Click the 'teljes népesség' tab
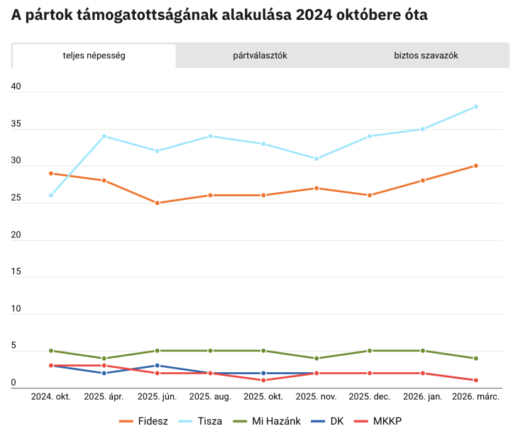click(x=94, y=55)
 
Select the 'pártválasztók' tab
click(x=260, y=55)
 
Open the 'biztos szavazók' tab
click(x=426, y=55)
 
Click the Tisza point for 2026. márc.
click(x=475, y=106)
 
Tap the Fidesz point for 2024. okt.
click(x=51, y=173)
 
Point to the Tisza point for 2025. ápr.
click(x=104, y=136)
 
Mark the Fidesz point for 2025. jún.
click(x=158, y=203)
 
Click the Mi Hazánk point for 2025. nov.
click(x=316, y=358)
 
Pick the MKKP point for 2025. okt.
click(x=263, y=380)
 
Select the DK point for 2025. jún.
click(x=158, y=366)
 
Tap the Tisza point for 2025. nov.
click(x=316, y=158)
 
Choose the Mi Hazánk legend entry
click(x=268, y=421)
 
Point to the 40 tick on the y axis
click(x=16, y=87)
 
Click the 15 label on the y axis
click(x=16, y=272)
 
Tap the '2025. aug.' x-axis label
click(x=211, y=397)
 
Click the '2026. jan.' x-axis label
click(x=423, y=397)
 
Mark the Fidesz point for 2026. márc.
click(x=475, y=166)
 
